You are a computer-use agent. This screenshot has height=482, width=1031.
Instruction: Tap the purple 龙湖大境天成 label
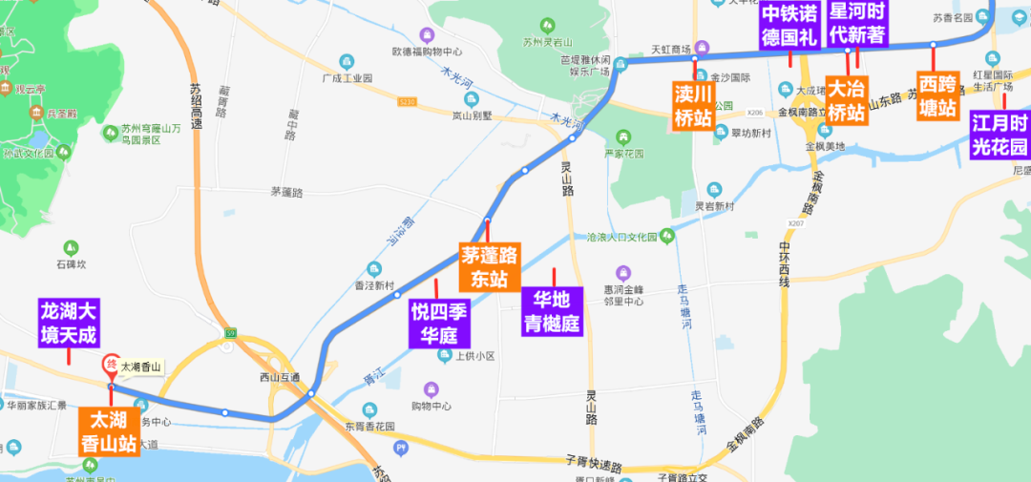[69, 323]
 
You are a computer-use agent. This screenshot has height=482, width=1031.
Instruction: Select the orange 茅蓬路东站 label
[489, 267]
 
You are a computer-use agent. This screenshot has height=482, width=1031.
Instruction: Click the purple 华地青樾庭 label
[552, 311]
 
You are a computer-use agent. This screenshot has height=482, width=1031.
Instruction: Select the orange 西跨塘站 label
[937, 95]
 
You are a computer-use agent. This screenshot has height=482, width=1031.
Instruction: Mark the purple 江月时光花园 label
[1000, 135]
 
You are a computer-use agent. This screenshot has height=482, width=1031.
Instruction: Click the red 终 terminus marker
[111, 366]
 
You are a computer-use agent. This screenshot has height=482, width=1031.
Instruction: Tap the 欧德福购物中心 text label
[427, 52]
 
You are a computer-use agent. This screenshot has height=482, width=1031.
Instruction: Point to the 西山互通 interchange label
[280, 377]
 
